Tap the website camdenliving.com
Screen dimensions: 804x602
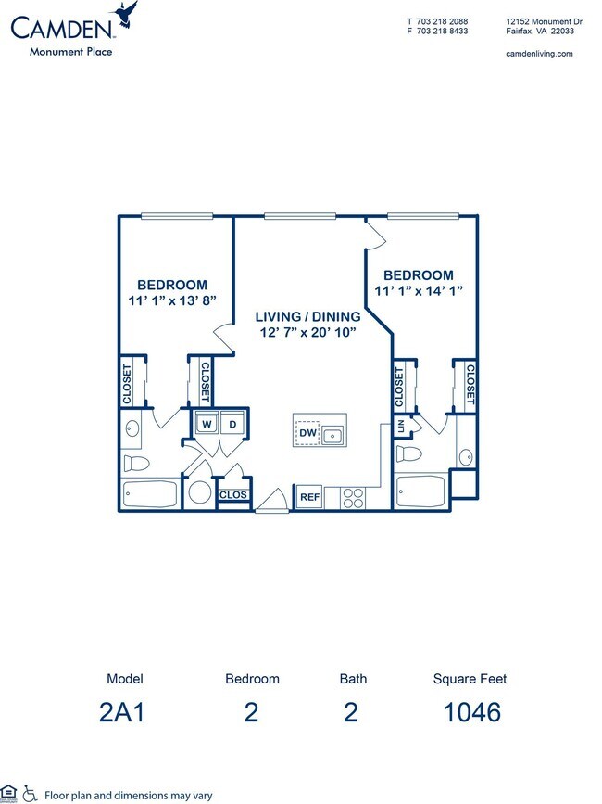540,54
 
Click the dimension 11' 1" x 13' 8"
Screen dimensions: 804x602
172,300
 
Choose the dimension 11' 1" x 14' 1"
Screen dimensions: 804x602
419,290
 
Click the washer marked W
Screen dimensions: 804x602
206,424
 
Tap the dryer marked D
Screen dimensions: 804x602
232,424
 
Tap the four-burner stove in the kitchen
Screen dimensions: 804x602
353,498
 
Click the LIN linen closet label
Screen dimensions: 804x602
401,427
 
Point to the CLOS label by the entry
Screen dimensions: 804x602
232,495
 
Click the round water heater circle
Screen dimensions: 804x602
199,492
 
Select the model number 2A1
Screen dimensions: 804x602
125,712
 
